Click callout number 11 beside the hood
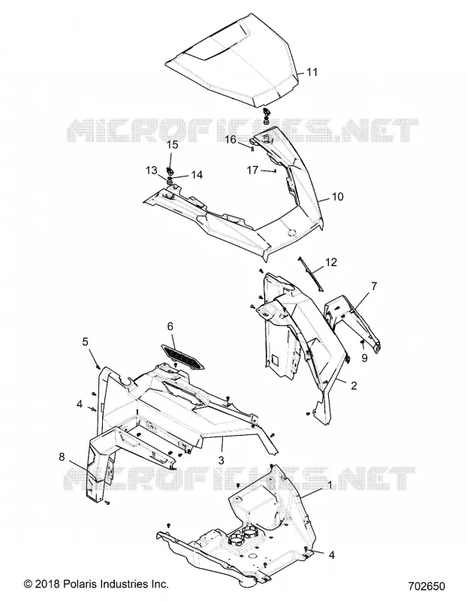click(x=312, y=71)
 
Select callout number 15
click(x=173, y=144)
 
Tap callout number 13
click(x=152, y=170)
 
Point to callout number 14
click(x=197, y=175)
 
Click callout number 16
click(x=230, y=139)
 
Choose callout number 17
click(x=252, y=170)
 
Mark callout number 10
click(x=338, y=197)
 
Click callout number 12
click(x=331, y=262)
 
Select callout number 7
click(x=374, y=286)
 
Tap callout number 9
click(x=364, y=358)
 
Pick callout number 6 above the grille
click(x=170, y=326)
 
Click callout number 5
click(x=85, y=341)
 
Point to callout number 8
click(x=62, y=457)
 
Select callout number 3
click(x=221, y=460)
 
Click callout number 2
click(x=354, y=385)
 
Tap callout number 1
click(x=330, y=485)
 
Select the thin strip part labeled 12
click(x=310, y=273)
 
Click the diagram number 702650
click(x=426, y=587)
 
